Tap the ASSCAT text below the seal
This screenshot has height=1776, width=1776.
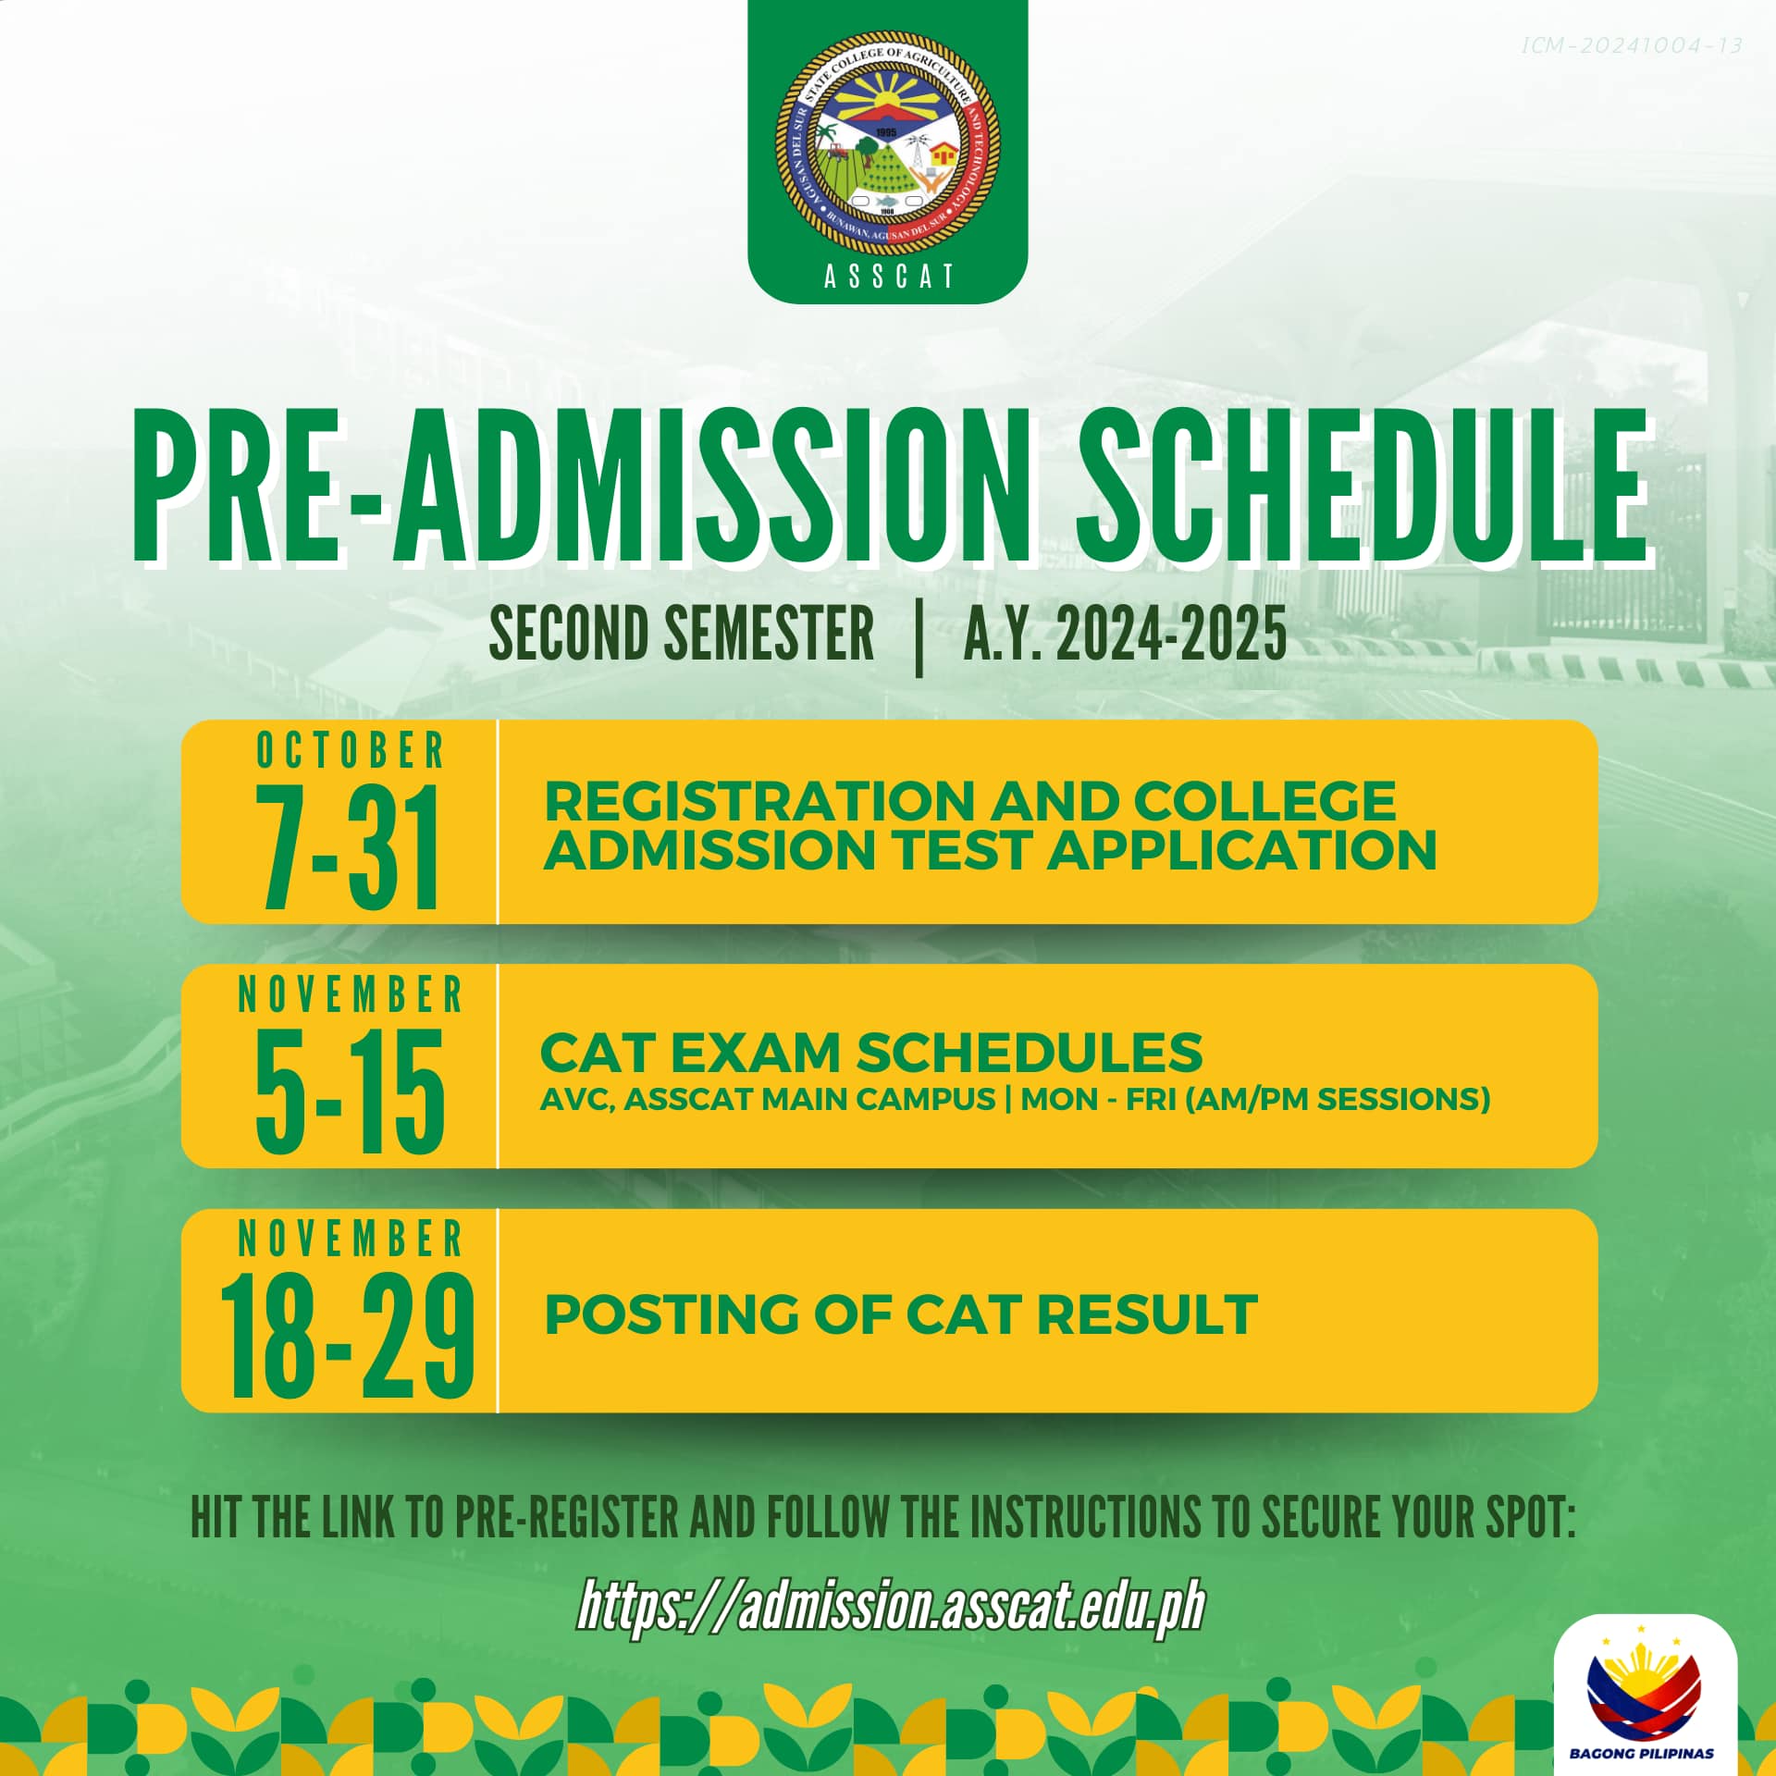tap(888, 277)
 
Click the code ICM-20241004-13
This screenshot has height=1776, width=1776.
tap(1632, 45)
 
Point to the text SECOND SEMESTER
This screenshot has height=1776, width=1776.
tap(682, 634)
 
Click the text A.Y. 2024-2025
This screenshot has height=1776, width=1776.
tap(1125, 634)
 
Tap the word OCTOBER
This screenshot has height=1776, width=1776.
tap(351, 749)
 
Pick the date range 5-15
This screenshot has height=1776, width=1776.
tap(351, 1092)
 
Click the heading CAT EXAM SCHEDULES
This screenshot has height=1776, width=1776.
tap(871, 1052)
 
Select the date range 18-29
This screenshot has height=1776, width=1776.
tap(349, 1337)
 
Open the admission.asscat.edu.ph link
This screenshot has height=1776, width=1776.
tap(891, 1608)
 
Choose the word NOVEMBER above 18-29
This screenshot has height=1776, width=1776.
tap(351, 1239)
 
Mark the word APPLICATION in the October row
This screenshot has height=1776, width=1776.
tap(1242, 850)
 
